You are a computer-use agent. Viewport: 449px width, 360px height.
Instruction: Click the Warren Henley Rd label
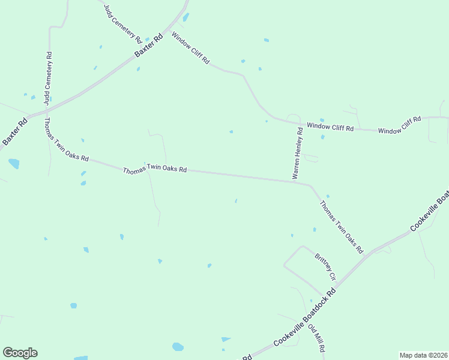297,154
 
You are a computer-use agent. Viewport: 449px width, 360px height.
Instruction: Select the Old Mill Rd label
317,337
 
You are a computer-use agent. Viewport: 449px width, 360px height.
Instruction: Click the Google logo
20,352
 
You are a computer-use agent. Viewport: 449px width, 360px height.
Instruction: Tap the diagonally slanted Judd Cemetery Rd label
122,22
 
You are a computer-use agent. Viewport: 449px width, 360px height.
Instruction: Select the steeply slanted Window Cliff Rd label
190,48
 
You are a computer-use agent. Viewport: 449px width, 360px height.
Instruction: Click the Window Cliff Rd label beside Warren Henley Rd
330,127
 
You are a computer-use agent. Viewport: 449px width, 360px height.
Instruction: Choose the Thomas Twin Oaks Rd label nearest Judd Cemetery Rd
66,139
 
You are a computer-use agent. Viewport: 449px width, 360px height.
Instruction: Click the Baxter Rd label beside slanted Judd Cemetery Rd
148,46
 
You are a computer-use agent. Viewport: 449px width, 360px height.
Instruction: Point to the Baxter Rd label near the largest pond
15,131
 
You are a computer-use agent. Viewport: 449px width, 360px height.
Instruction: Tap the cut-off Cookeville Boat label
430,212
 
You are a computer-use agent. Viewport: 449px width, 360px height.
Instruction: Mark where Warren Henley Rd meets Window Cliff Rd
298,124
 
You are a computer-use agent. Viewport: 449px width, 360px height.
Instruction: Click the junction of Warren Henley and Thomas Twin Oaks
294,180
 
